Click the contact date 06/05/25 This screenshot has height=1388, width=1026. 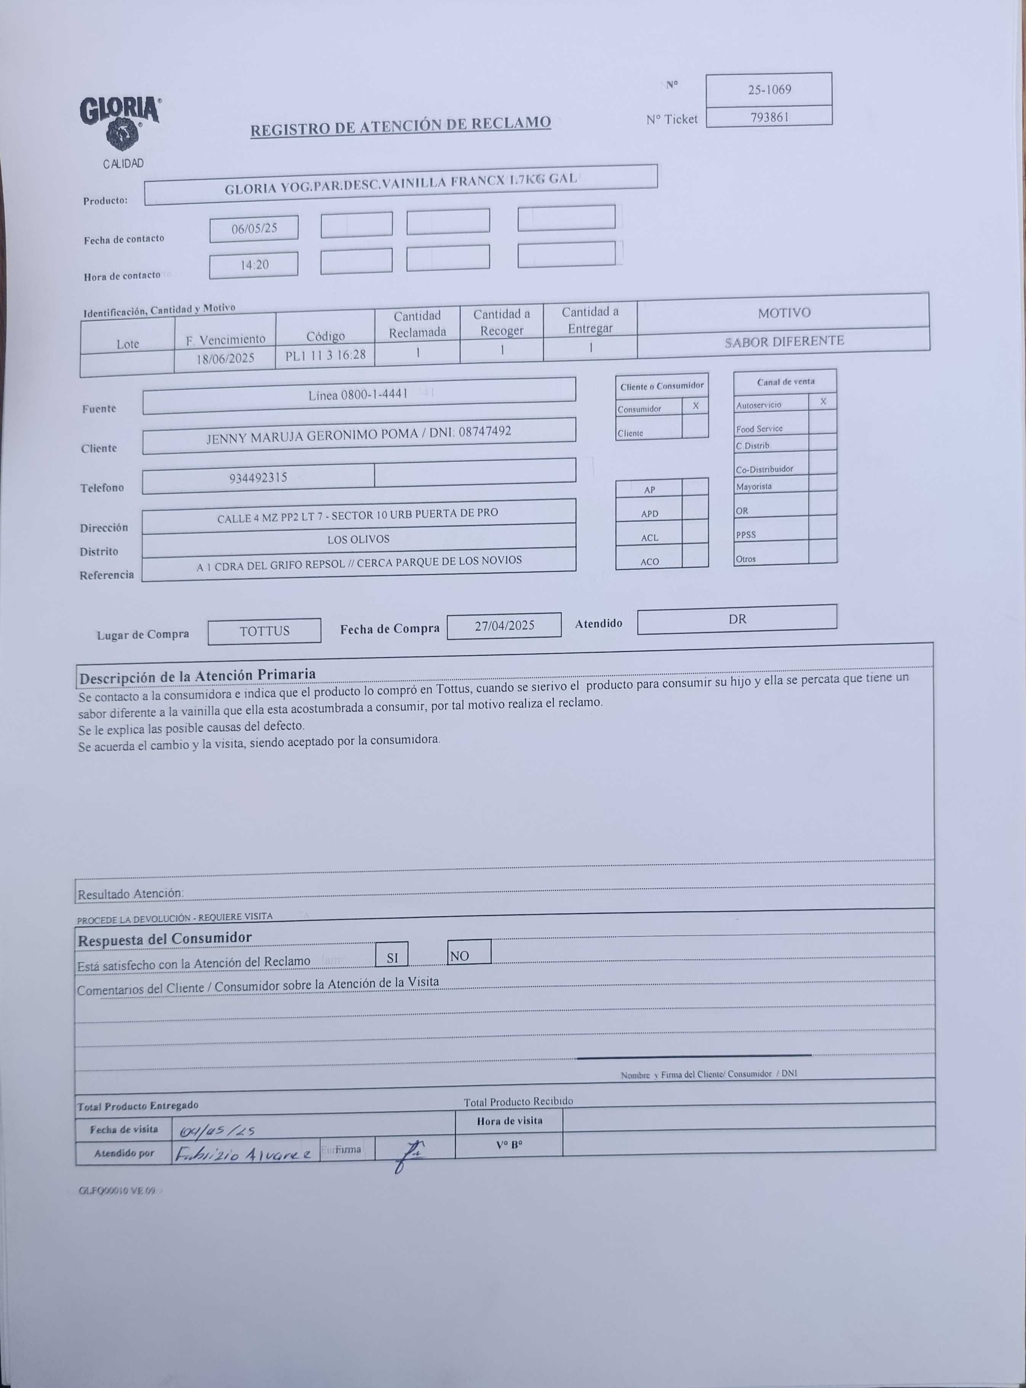[x=253, y=229]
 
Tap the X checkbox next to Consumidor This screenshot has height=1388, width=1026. [x=695, y=406]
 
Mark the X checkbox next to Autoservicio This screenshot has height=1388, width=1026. [x=822, y=402]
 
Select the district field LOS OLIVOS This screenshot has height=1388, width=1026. [x=358, y=539]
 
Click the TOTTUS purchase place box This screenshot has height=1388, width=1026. [x=265, y=631]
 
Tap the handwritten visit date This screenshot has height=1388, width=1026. [x=217, y=1131]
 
